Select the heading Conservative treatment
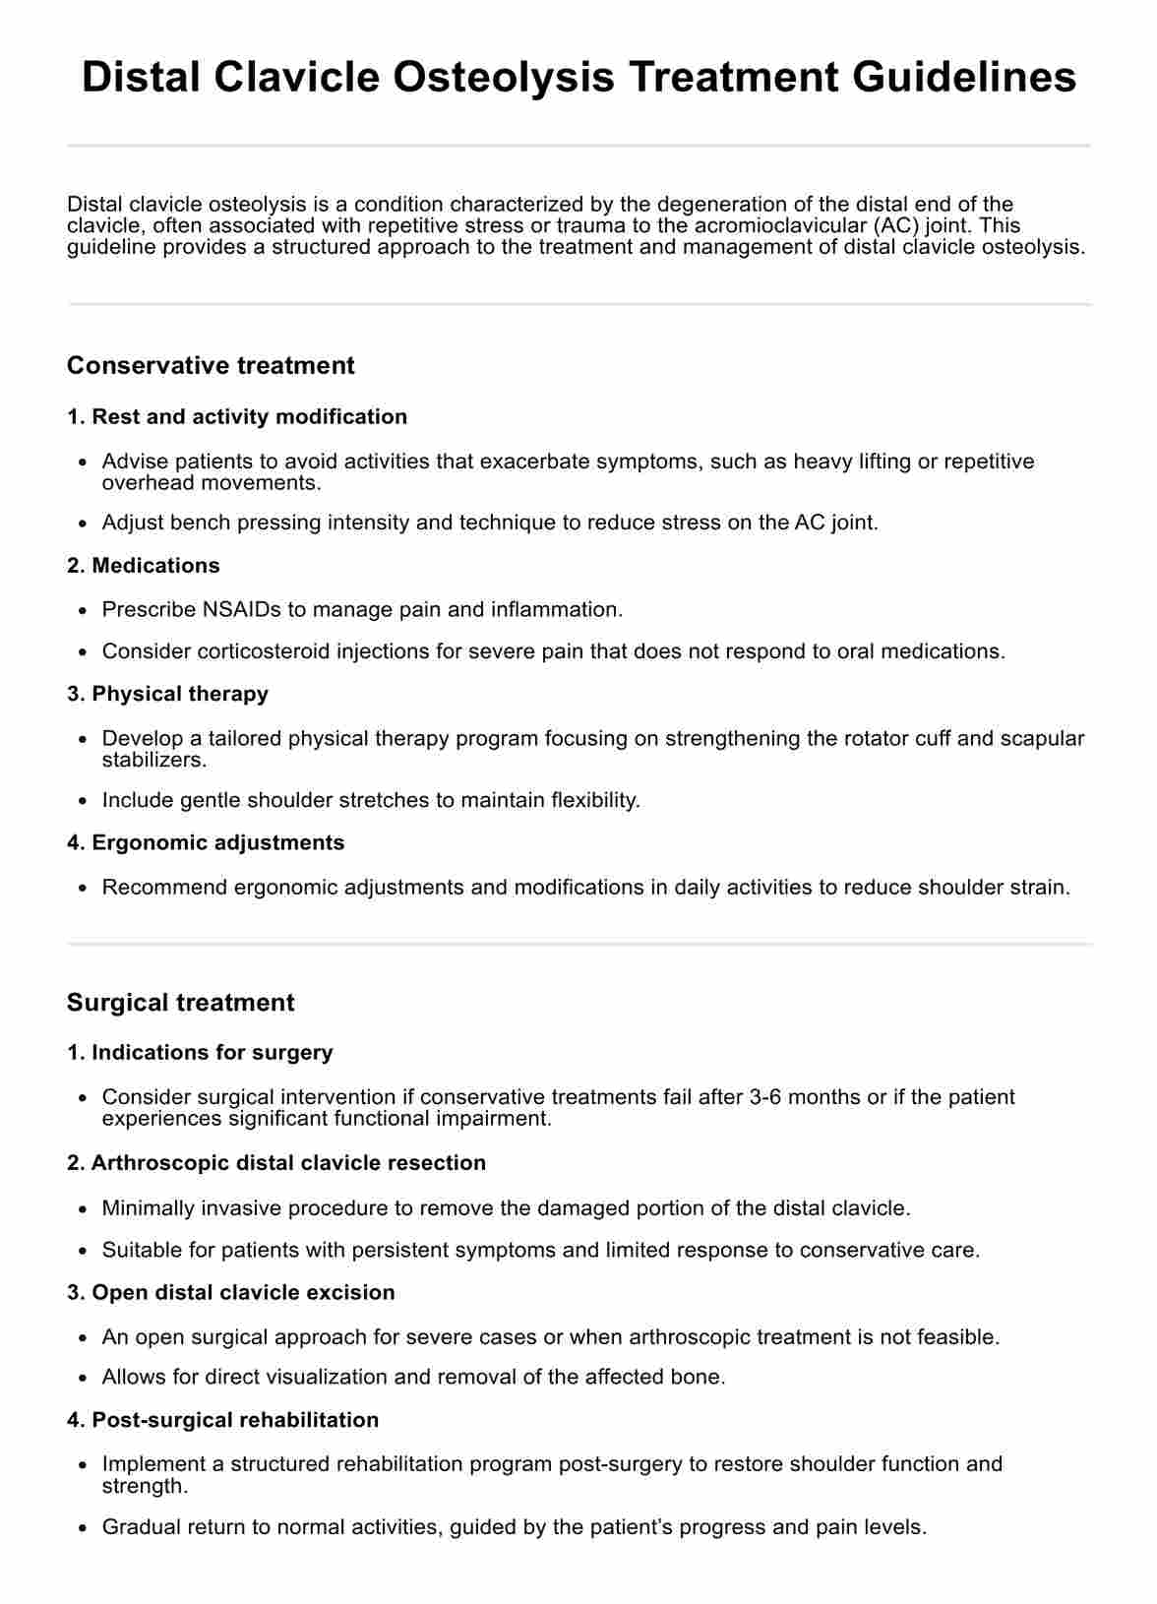[211, 365]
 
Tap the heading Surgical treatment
[180, 1002]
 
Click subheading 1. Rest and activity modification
[237, 416]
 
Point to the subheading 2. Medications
[144, 565]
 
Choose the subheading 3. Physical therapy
[167, 693]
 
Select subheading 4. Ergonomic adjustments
[206, 842]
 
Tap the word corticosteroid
[261, 650]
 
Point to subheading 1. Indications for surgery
[200, 1052]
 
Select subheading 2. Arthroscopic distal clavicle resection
[276, 1162]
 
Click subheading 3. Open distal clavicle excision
[231, 1292]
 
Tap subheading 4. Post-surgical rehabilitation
[223, 1419]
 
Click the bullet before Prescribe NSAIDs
[83, 611]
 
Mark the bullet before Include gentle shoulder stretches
[83, 801]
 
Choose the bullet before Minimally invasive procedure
[83, 1209]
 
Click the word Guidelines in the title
[964, 77]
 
